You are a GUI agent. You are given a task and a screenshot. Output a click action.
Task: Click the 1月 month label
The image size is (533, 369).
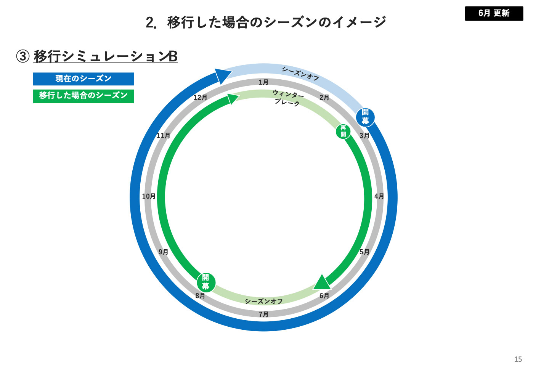(x=263, y=82)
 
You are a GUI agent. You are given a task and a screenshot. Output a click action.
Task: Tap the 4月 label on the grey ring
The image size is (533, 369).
(x=379, y=196)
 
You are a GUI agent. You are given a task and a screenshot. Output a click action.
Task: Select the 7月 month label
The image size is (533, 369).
(x=263, y=314)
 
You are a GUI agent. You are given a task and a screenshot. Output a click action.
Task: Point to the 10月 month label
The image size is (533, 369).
(x=149, y=196)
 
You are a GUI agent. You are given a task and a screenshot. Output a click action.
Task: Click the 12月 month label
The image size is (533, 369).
(x=200, y=98)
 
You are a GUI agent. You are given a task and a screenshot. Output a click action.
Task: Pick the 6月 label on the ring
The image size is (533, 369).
(x=324, y=296)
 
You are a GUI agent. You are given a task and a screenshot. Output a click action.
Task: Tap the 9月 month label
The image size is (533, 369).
(x=163, y=252)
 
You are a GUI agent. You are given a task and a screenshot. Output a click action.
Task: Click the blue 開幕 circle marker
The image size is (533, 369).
(x=365, y=117)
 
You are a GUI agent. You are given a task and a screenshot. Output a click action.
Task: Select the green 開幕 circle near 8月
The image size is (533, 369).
(x=206, y=282)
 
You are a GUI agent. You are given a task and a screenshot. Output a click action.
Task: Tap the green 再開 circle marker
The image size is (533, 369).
(x=343, y=132)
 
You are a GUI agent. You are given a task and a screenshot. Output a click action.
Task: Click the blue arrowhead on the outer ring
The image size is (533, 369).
(x=223, y=75)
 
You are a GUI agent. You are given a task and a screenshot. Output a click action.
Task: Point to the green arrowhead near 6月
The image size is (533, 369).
(x=322, y=282)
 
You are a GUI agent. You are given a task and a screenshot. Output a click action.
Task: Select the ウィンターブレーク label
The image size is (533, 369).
(x=288, y=98)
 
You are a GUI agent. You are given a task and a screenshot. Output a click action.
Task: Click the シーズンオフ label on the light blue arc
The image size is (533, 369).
(x=300, y=73)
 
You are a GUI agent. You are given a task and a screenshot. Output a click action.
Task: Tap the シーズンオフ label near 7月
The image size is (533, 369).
(x=263, y=302)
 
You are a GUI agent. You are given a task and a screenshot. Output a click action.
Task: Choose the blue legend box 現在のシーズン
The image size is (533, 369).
(x=83, y=79)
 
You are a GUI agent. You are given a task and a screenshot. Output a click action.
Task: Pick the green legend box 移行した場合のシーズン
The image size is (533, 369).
(x=83, y=96)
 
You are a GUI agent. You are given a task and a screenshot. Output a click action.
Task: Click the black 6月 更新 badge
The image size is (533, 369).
(x=494, y=13)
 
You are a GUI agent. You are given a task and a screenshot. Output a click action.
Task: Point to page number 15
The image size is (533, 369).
(x=518, y=359)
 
